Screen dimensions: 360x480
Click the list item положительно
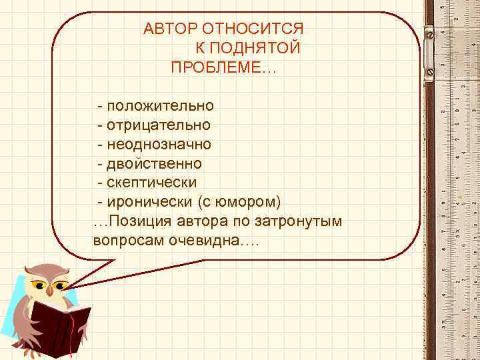(159, 105)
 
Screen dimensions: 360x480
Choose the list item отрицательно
(158, 125)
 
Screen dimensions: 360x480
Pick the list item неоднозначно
(159, 144)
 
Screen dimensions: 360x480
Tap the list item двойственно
(153, 163)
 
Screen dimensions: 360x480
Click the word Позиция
(138, 221)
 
